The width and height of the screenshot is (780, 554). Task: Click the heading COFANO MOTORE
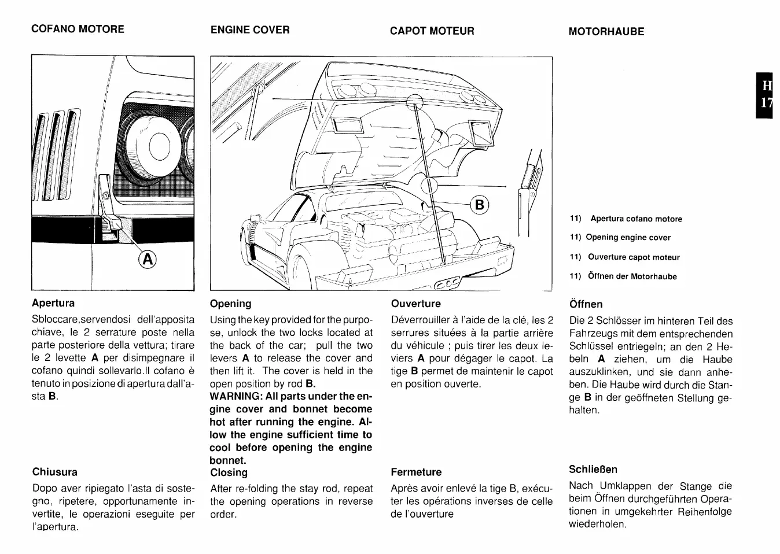click(78, 29)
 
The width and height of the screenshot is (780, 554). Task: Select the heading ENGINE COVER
click(250, 29)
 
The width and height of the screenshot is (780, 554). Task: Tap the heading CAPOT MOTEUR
click(432, 31)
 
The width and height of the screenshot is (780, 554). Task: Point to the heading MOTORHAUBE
click(606, 31)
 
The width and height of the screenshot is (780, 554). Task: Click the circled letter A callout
click(148, 260)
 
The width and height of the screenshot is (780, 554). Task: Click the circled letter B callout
click(480, 205)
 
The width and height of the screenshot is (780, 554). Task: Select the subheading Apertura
click(53, 302)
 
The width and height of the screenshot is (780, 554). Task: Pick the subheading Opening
click(230, 304)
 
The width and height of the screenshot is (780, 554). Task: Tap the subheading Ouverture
click(415, 304)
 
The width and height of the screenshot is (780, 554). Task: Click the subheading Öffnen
click(586, 304)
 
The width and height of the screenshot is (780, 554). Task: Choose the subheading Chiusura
click(55, 472)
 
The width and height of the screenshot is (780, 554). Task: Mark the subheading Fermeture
click(416, 472)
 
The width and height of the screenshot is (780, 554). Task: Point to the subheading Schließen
click(593, 469)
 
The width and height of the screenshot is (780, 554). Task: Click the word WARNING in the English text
click(236, 396)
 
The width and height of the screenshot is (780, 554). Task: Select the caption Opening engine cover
click(628, 237)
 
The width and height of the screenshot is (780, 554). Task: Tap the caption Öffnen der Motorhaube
click(632, 276)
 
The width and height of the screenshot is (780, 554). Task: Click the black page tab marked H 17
click(766, 95)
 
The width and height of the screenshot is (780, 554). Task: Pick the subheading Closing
click(229, 472)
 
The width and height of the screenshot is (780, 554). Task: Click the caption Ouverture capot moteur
click(634, 257)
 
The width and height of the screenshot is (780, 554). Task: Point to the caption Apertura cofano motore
click(636, 219)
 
